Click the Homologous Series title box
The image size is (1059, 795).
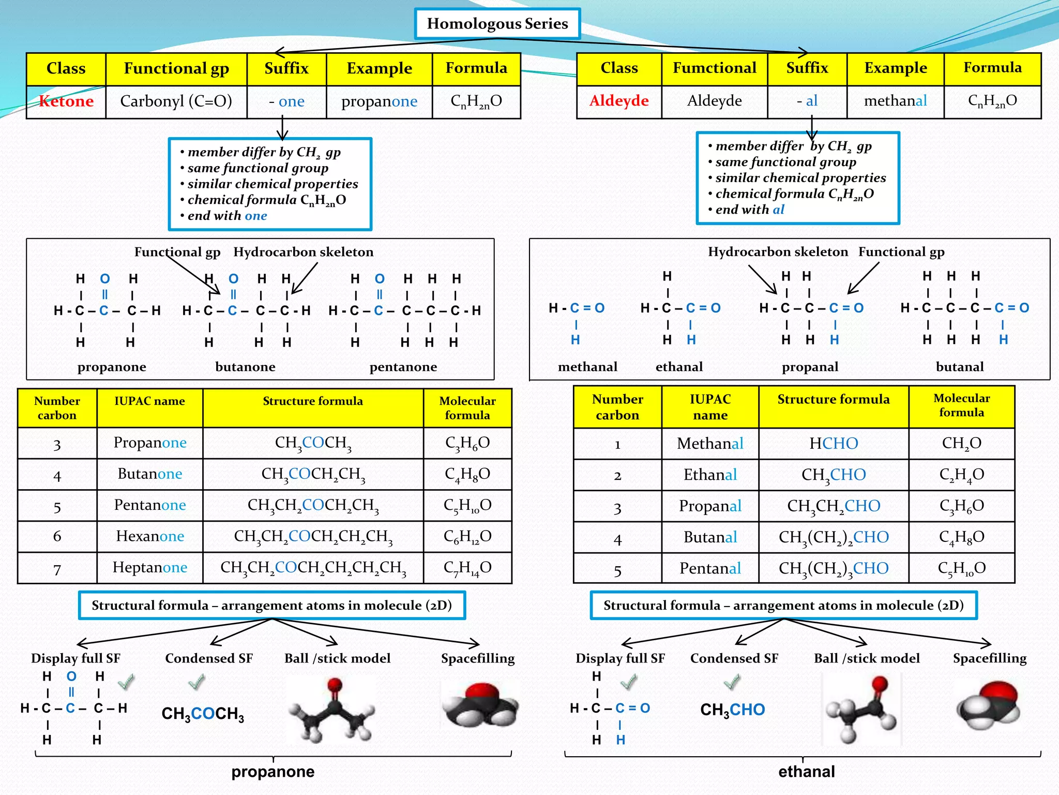click(497, 24)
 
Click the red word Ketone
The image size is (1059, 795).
click(66, 101)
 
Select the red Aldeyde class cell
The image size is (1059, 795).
click(619, 100)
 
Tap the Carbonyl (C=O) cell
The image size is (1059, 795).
click(176, 101)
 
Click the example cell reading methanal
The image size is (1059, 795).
click(895, 100)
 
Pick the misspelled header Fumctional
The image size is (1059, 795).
click(714, 68)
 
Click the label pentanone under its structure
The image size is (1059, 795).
click(403, 367)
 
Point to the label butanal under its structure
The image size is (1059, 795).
click(959, 367)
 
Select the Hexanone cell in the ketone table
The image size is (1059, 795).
click(150, 536)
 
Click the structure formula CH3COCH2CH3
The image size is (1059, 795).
click(313, 474)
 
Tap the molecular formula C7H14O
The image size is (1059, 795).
click(467, 568)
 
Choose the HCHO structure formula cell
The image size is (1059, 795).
click(834, 444)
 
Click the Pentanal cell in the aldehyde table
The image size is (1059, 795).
click(710, 568)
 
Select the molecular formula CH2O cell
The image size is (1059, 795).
click(961, 444)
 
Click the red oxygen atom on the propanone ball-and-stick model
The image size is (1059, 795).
click(335, 685)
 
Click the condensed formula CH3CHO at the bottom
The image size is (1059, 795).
click(732, 710)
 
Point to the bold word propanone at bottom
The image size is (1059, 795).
click(273, 772)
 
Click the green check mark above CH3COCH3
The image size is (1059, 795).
click(196, 682)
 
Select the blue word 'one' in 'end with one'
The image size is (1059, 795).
click(256, 216)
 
